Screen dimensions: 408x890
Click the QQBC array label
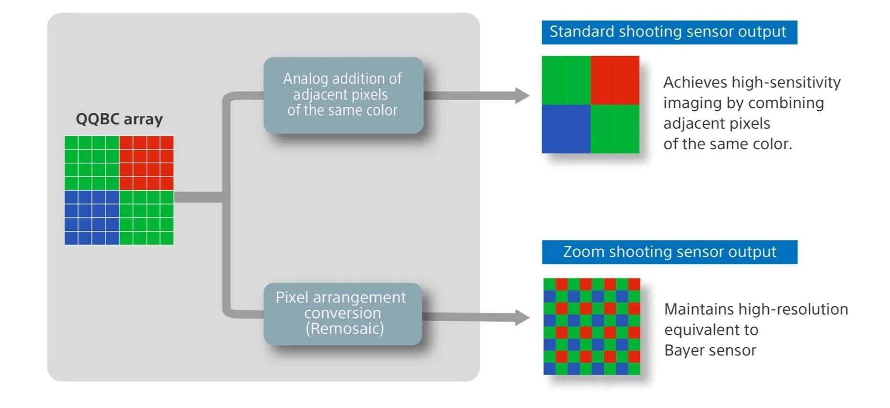(x=119, y=119)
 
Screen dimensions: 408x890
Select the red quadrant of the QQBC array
(x=146, y=163)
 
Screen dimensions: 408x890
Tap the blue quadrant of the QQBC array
(x=92, y=217)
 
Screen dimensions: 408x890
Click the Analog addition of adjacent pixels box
(x=343, y=95)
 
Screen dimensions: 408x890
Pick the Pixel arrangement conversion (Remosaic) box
(x=343, y=314)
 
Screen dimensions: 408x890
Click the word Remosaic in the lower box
(x=344, y=329)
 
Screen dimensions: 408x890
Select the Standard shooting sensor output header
(x=669, y=32)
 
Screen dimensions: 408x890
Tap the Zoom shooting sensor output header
(x=669, y=252)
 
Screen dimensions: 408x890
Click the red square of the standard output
(x=615, y=80)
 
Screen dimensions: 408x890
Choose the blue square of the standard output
(x=566, y=129)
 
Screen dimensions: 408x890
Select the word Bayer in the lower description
(x=684, y=351)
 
